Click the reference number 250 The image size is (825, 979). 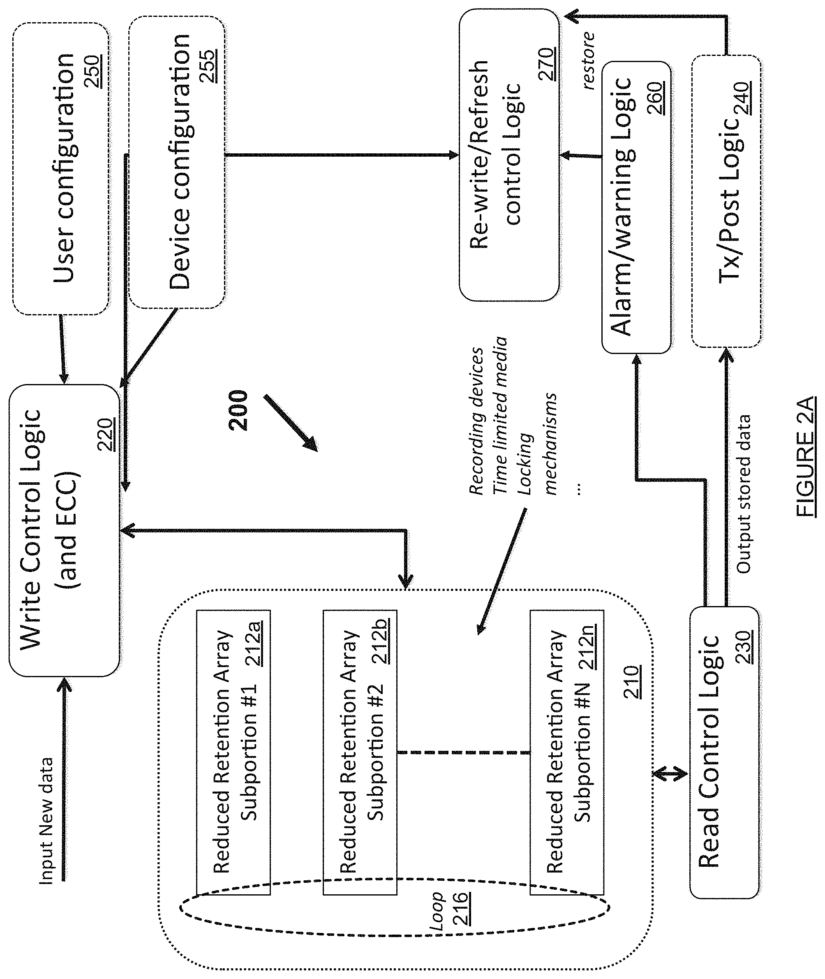coord(94,71)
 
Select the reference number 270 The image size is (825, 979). coord(547,64)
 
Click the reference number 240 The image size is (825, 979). coord(742,100)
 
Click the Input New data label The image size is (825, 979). coord(46,821)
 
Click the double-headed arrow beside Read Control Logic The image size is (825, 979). coord(670,775)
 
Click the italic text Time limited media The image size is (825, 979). coord(499,415)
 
